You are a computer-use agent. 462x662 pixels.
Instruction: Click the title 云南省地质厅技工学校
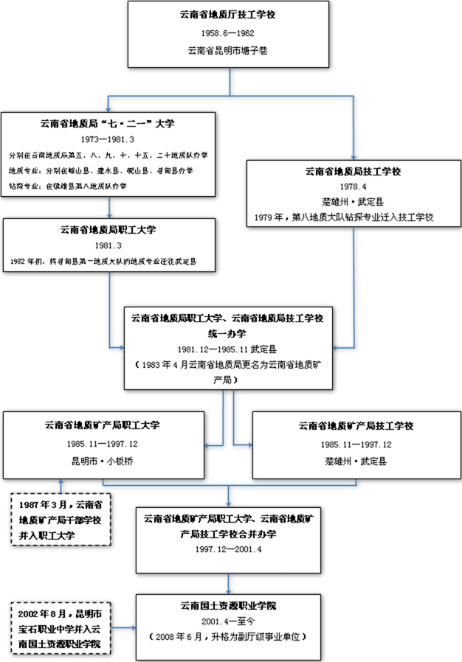[230, 15]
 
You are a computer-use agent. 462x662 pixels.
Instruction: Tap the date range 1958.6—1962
[230, 33]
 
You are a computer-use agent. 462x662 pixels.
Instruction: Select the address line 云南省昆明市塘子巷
[230, 51]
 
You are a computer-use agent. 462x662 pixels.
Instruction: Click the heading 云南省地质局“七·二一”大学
[108, 123]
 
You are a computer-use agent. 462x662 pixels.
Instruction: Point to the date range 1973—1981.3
[108, 139]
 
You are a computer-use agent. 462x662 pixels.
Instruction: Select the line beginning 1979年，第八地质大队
[351, 217]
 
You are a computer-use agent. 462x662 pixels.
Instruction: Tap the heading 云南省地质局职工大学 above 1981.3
[108, 229]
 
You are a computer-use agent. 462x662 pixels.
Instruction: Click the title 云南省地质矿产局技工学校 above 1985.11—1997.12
[356, 426]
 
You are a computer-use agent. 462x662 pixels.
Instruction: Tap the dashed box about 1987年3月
[61, 520]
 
